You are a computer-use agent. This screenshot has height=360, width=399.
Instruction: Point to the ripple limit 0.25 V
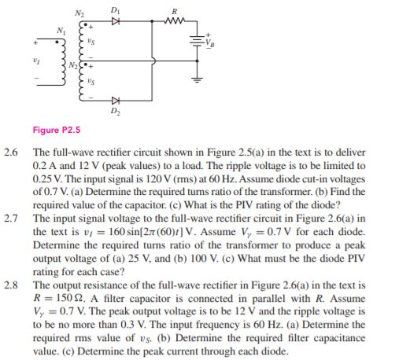point(47,178)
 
